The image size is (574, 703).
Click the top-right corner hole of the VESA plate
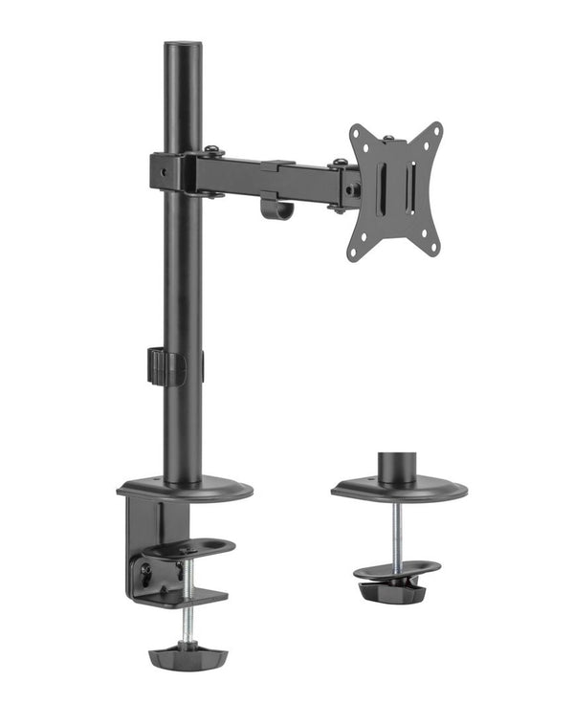coord(435,131)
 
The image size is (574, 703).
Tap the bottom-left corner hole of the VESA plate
coord(353,252)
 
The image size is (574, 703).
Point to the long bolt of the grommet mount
coord(396,532)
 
